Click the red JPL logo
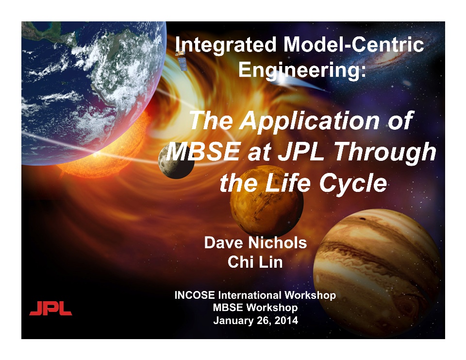point(50,308)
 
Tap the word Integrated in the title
point(226,45)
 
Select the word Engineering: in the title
point(302,70)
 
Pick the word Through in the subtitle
point(385,153)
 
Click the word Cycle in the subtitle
point(353,184)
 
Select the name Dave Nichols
point(255,242)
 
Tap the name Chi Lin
point(255,262)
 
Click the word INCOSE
point(195,295)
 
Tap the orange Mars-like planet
point(266,201)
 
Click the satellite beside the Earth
point(182,61)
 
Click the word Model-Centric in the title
point(354,45)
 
